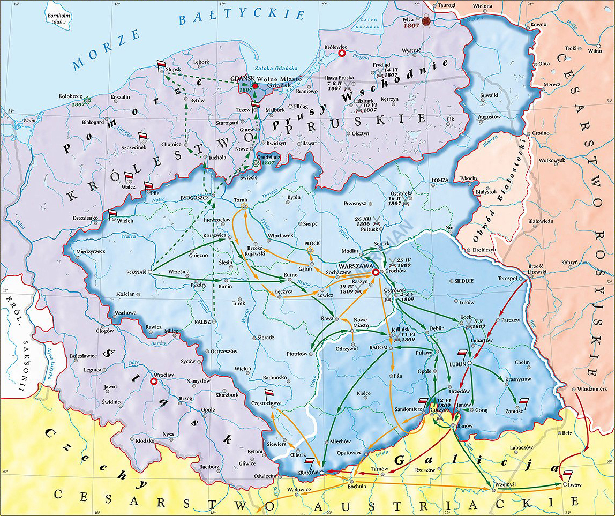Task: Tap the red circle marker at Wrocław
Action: pos(154,382)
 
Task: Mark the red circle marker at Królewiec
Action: pos(342,54)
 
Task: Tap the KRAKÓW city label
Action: pos(307,473)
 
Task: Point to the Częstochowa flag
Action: pos(269,393)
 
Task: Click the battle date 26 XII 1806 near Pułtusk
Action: pos(363,222)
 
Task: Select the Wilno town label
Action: pos(595,51)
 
